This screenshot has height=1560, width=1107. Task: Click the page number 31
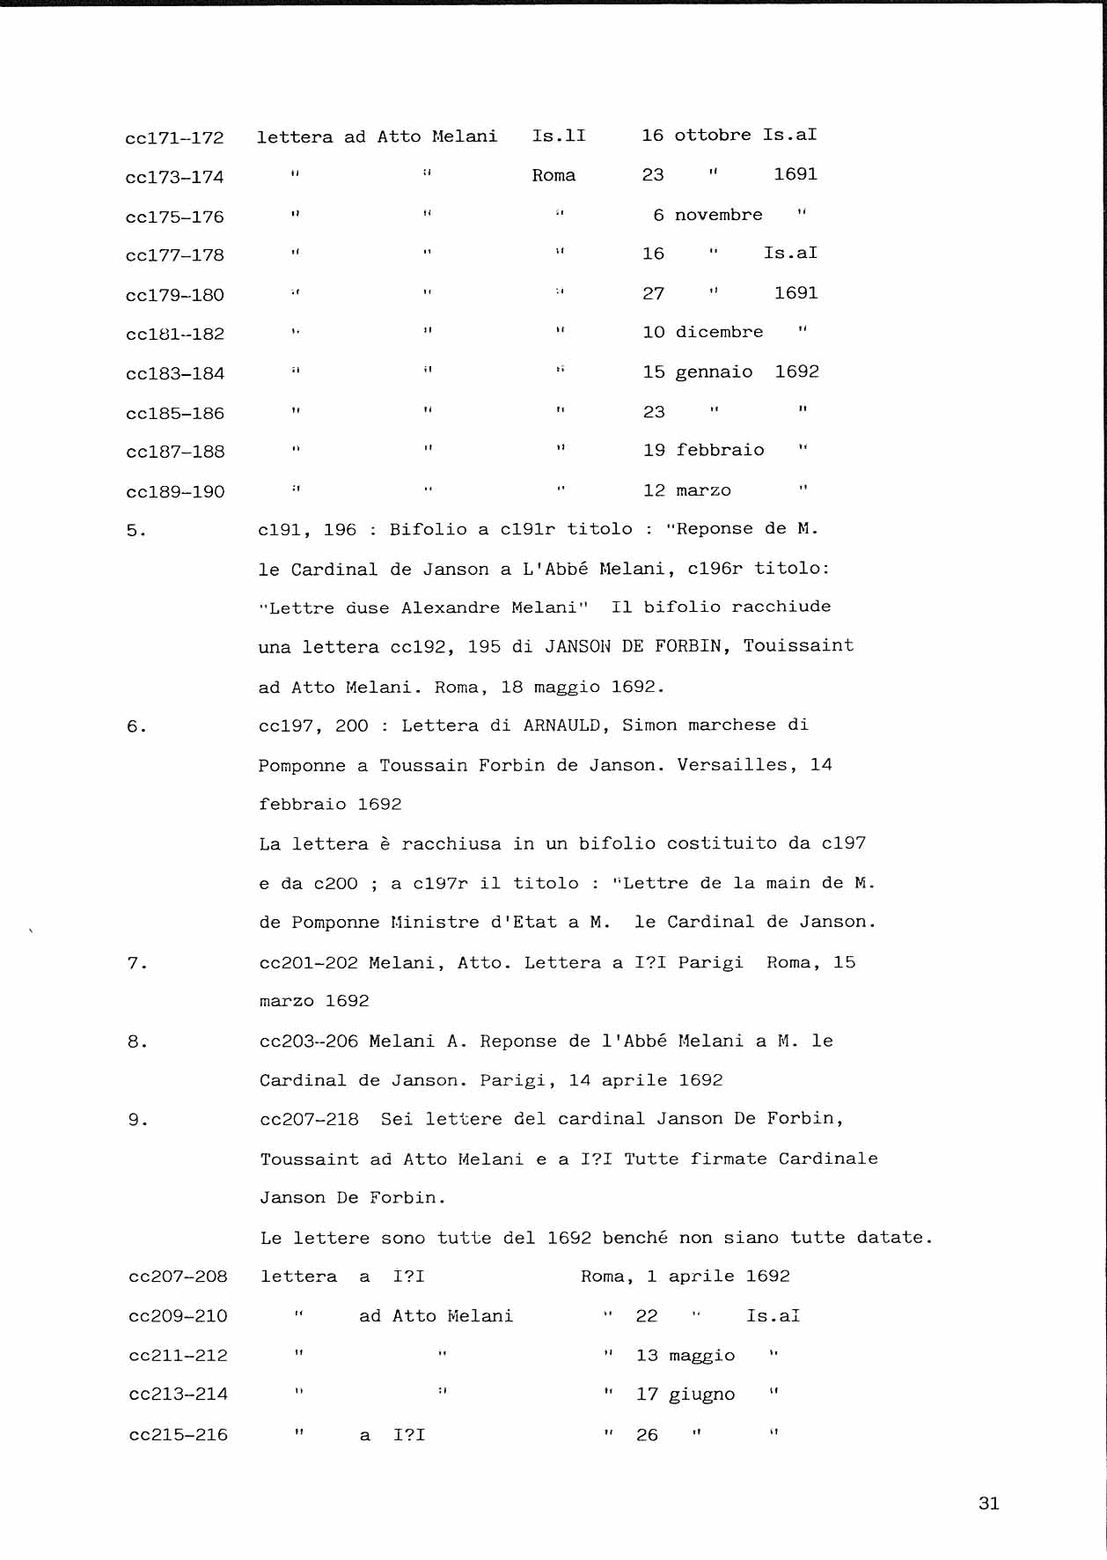point(988,1504)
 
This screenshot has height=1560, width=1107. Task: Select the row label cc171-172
point(174,138)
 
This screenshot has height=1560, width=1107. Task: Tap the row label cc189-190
point(175,492)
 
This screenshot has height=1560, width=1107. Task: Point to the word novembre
point(718,215)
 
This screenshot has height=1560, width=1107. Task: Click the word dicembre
point(719,333)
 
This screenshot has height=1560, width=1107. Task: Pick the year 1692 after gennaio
point(796,372)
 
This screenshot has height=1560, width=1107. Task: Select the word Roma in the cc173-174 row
point(553,175)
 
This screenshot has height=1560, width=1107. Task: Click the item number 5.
point(136,530)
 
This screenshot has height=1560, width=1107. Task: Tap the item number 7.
point(136,963)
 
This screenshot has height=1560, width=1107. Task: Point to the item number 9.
point(137,1120)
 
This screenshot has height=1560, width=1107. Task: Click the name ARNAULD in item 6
point(562,725)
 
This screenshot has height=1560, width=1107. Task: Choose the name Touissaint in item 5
point(798,646)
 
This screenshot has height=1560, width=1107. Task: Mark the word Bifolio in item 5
point(428,529)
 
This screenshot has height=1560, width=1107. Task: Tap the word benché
point(634,1238)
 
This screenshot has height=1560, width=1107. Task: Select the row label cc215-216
point(178,1435)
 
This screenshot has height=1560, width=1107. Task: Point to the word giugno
point(701,1395)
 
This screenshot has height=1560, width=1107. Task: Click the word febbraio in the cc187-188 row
point(720,451)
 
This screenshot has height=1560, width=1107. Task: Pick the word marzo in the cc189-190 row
point(704,490)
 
